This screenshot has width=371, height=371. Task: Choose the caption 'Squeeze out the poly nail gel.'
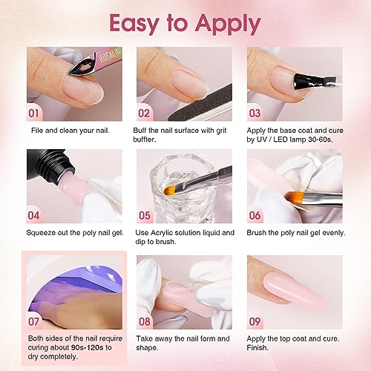(73, 232)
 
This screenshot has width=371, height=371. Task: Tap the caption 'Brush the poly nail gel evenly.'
(295, 232)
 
